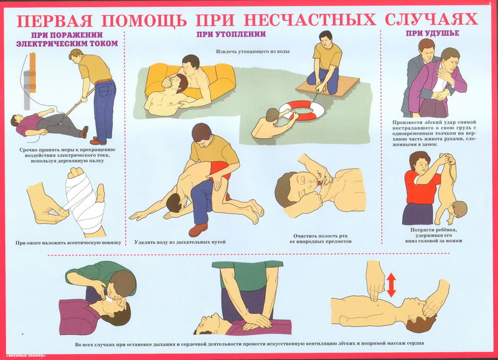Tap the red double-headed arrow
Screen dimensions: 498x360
click(391, 285)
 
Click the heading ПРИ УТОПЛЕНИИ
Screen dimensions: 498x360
click(231, 34)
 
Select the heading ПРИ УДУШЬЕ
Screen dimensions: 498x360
click(433, 34)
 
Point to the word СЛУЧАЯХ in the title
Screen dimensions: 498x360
click(431, 19)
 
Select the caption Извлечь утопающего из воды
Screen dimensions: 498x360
click(253, 52)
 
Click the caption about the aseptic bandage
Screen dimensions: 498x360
click(68, 243)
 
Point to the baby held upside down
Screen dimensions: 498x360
click(450, 190)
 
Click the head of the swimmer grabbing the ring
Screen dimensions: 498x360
click(272, 115)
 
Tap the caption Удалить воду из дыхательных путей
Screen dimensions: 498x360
click(180, 242)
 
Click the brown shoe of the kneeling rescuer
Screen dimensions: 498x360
click(198, 229)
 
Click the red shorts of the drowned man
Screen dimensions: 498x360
click(220, 169)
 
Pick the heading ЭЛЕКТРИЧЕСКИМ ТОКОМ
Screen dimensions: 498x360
click(67, 44)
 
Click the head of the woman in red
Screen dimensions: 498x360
click(419, 161)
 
